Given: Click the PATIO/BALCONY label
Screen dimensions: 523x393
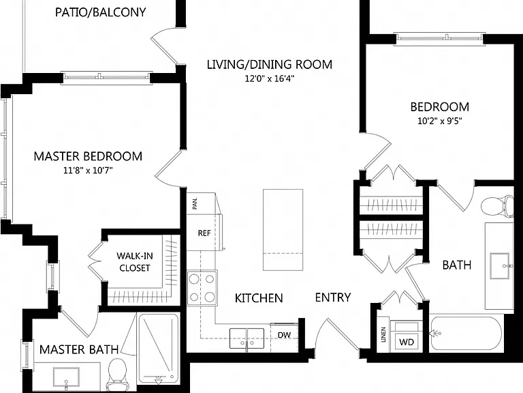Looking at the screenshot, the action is point(100,12).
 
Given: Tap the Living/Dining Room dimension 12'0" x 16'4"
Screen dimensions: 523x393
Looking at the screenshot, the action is point(270,79).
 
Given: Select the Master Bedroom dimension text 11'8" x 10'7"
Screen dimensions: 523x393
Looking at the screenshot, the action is point(88,171).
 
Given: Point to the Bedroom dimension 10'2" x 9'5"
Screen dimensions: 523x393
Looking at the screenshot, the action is point(440,121).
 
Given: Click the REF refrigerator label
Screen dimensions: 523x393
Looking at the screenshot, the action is point(204,233).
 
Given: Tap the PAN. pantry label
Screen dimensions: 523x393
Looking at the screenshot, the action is point(195,203).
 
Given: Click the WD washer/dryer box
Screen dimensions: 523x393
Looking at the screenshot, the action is point(407,342).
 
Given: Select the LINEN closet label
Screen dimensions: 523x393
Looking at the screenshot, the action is point(383,335).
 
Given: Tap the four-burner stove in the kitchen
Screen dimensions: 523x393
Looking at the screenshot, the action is point(202,288).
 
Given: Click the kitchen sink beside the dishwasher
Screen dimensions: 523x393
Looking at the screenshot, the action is point(247,338).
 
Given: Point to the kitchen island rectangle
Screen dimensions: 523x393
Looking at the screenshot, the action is point(283,230).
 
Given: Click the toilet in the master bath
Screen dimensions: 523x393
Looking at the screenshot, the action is point(116,375).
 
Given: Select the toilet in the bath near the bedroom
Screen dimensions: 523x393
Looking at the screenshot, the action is point(496,205).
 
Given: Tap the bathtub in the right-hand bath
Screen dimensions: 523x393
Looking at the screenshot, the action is point(466,333).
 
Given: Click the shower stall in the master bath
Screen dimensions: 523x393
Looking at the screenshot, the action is point(158,348).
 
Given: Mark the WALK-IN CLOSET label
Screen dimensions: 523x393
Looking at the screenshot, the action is point(135,262).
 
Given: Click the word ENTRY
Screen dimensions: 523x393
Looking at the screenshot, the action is point(332,297).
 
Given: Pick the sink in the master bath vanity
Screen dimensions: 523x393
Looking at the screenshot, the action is point(66,379).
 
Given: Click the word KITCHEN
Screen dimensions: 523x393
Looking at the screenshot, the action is point(259,298).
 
